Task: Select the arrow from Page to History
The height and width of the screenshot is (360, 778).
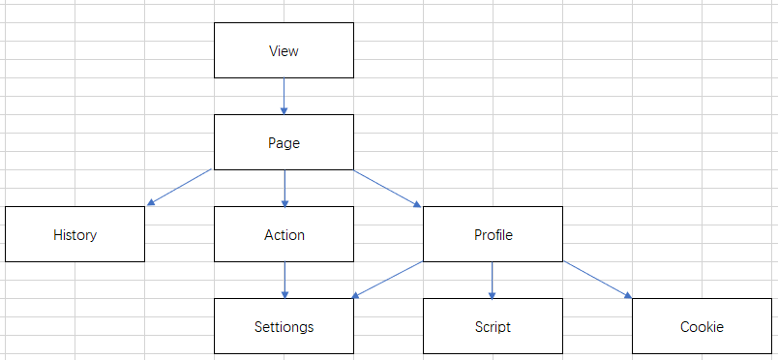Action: coord(179,188)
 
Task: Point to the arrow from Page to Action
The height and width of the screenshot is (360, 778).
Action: coord(284,189)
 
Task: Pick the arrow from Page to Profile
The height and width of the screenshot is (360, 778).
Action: coord(387,189)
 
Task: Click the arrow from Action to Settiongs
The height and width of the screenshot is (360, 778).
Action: coord(284,280)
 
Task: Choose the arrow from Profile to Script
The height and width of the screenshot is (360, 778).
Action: coord(493,280)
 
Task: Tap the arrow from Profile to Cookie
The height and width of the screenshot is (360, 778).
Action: coord(598,280)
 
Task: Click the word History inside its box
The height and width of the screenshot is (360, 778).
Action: coord(75,235)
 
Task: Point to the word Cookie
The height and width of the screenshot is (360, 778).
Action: coord(702,327)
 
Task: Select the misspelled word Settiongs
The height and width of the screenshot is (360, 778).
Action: coord(284,327)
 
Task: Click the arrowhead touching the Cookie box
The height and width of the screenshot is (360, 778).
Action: coord(628,295)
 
